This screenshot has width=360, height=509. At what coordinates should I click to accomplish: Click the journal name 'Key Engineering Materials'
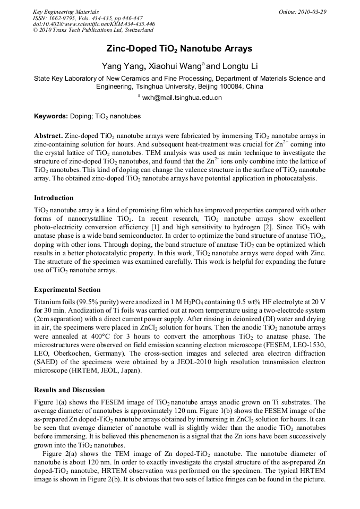pos(66,12)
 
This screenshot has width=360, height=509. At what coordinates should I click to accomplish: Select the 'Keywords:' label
pos(51,116)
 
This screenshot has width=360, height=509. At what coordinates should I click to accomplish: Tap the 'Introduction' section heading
pos(54,198)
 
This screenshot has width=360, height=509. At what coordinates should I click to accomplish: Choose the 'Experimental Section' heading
pos(67,290)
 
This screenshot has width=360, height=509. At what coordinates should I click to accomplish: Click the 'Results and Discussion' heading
pos(69,390)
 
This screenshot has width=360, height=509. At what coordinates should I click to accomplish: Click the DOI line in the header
pos(94,24)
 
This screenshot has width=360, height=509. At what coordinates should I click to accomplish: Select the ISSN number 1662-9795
pos(67,18)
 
